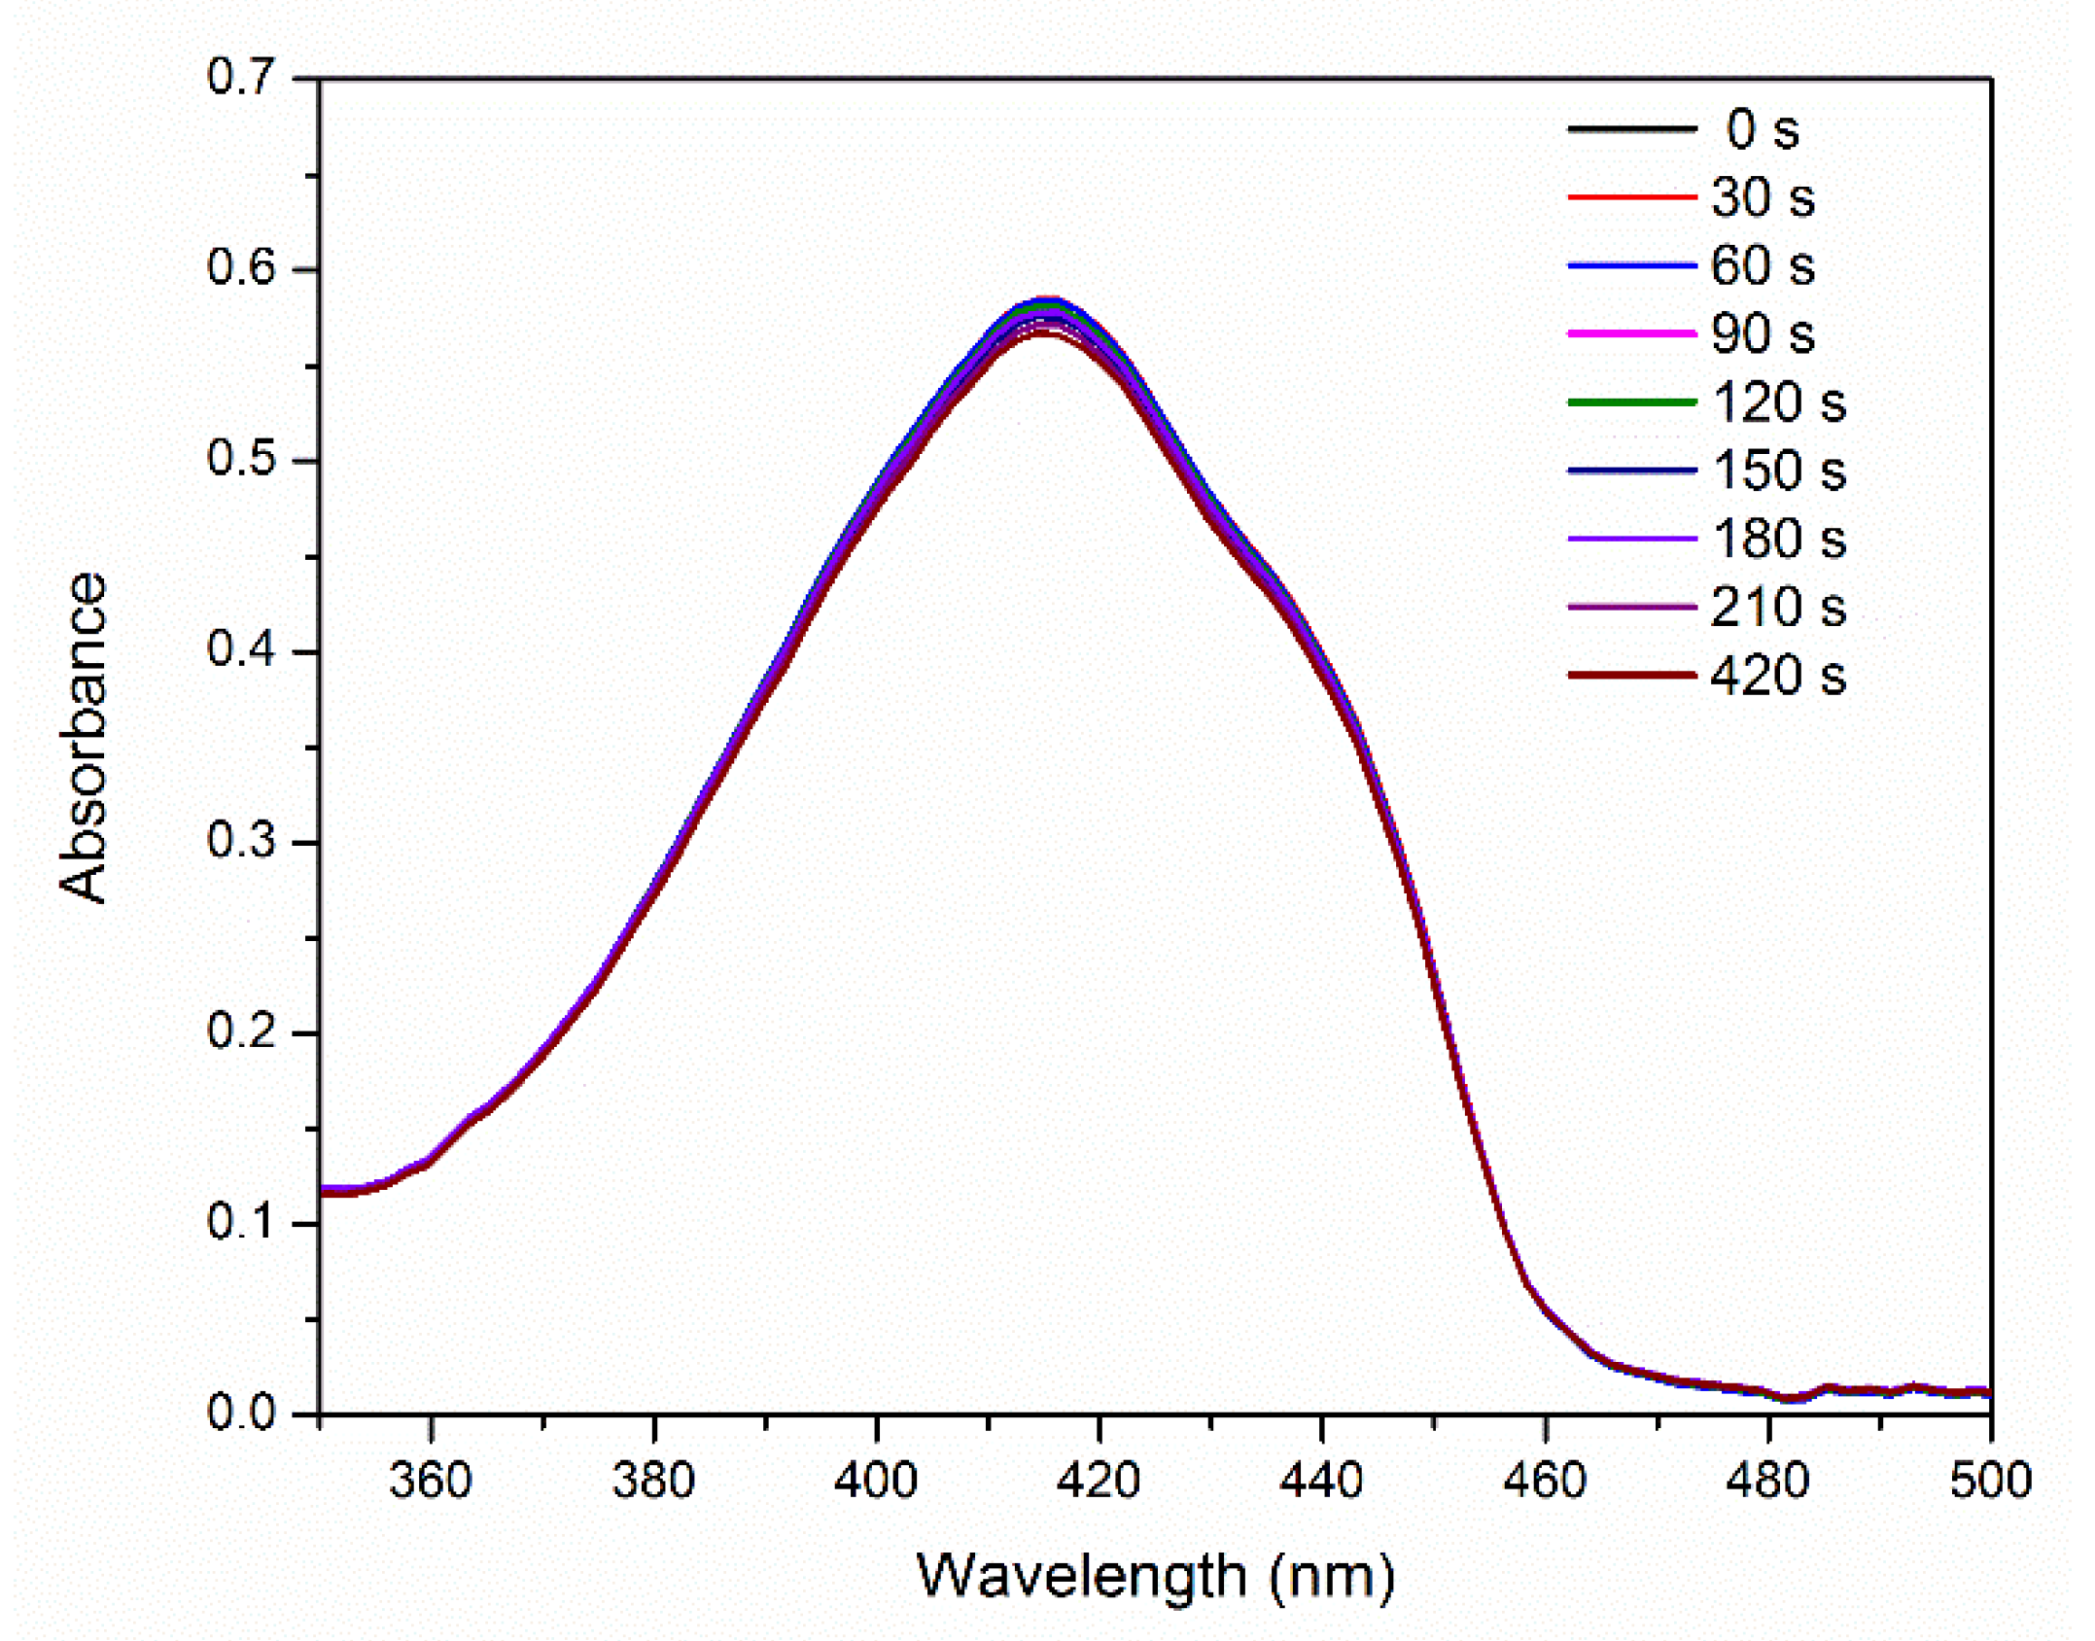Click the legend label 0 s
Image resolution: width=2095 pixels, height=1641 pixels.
tap(1761, 129)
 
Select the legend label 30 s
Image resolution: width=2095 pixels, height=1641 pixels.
tap(1761, 197)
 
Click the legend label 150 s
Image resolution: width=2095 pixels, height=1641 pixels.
tap(1777, 471)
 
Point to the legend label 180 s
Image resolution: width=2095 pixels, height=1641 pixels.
tap(1777, 539)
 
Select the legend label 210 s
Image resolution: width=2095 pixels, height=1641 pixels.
tap(1777, 607)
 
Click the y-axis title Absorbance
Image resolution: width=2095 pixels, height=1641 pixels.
tap(84, 738)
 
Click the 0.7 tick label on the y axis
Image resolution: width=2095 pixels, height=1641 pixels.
tap(241, 78)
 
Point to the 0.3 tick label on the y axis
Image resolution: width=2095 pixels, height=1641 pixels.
tap(241, 841)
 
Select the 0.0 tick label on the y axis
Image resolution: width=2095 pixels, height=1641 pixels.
tap(241, 1413)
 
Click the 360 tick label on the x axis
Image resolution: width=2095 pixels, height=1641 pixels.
tap(431, 1481)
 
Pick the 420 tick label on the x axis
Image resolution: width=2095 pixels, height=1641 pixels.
tap(1100, 1481)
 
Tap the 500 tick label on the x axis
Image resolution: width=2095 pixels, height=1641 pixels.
tap(1990, 1481)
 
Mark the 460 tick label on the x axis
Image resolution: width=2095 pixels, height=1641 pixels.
tap(1545, 1481)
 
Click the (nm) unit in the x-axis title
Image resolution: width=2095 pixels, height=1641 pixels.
tap(1332, 1576)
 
